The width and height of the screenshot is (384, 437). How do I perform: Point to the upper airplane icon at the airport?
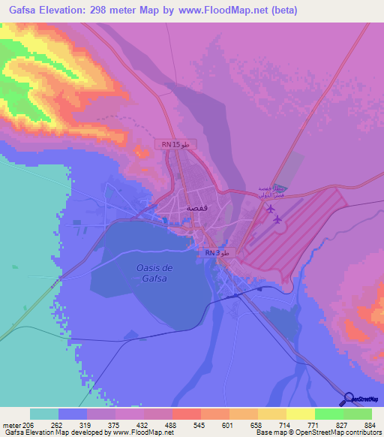(x=270, y=208)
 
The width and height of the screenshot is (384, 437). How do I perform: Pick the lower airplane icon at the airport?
(x=278, y=219)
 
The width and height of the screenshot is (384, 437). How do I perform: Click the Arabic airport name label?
(x=268, y=191)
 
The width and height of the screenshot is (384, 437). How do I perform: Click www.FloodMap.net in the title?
(x=232, y=11)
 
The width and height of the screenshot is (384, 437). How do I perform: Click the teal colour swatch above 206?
(x=44, y=414)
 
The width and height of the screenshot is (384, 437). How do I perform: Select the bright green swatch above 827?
(x=328, y=414)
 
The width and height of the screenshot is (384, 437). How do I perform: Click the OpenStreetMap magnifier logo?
(x=348, y=399)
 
